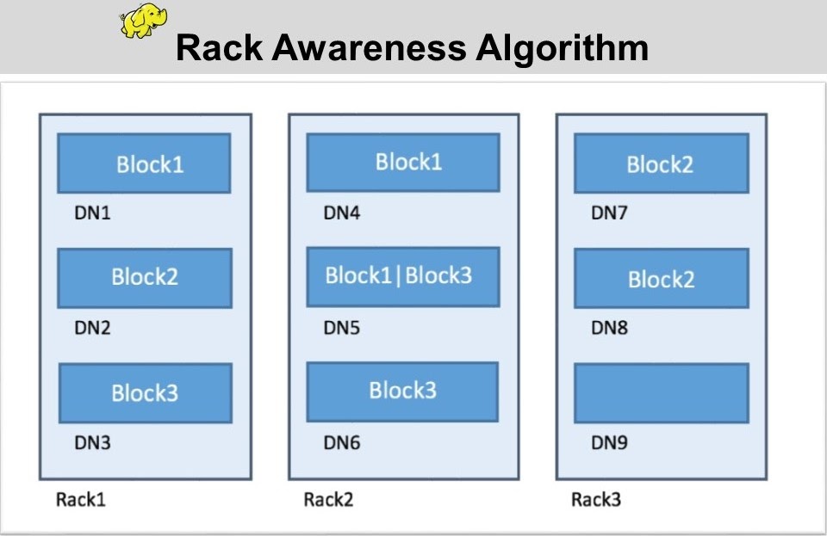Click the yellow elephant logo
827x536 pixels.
[x=143, y=22]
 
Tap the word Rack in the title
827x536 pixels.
[x=218, y=48]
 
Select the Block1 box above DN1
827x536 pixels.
[x=144, y=163]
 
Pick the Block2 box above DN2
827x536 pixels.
[x=145, y=278]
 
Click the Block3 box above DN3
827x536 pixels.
[x=145, y=393]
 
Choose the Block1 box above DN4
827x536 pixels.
[x=403, y=162]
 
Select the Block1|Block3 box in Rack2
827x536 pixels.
[x=403, y=276]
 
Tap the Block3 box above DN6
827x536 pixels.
[x=402, y=391]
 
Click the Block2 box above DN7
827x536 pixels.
[x=661, y=163]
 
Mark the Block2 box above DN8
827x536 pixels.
[x=661, y=279]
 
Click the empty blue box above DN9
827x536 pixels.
[x=661, y=393]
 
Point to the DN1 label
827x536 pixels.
[x=92, y=213]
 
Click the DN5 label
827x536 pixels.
[x=341, y=328]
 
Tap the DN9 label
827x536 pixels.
[x=609, y=443]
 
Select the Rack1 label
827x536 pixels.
[x=80, y=499]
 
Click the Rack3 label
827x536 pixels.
[x=596, y=499]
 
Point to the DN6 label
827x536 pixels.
[x=341, y=443]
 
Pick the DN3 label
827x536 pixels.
[x=92, y=443]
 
